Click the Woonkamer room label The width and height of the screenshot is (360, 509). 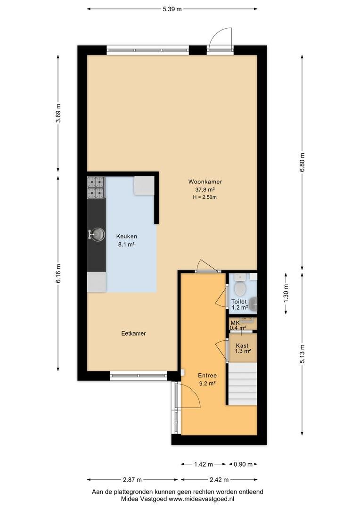[205, 182]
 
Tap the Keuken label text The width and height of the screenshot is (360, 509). [127, 237]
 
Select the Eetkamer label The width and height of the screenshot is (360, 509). [133, 333]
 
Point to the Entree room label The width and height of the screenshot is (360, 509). [207, 376]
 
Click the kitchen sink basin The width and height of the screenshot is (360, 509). [98, 234]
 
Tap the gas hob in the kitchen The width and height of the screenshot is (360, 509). [96, 188]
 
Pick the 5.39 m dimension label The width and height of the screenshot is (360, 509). [172, 9]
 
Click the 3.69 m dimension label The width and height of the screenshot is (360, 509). [58, 113]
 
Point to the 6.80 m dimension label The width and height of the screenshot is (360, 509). [302, 163]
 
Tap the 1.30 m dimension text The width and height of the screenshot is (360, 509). [286, 294]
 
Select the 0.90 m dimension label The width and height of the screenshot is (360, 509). [243, 464]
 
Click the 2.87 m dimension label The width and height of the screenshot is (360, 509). [132, 480]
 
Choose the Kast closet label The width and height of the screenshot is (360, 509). [242, 346]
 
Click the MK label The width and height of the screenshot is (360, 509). [235, 323]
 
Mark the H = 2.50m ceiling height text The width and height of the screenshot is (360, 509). [205, 197]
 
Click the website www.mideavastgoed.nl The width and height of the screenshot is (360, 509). [201, 499]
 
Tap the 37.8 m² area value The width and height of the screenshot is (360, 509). [205, 189]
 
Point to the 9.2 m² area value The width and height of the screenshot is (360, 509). [208, 383]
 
